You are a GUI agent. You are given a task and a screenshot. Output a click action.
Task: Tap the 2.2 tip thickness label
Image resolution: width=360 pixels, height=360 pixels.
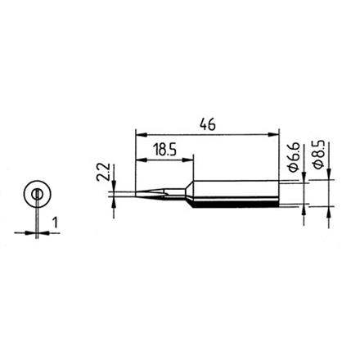point(105,173)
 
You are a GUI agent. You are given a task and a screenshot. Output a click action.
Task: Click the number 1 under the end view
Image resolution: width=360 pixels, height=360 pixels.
point(54,222)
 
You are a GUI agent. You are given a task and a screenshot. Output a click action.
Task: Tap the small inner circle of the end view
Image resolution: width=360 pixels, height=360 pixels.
point(37,195)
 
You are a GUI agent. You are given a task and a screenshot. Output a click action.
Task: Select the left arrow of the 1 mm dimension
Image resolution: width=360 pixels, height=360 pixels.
point(31,233)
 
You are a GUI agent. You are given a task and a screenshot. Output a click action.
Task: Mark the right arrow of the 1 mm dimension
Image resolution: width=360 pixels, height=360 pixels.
point(43,233)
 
